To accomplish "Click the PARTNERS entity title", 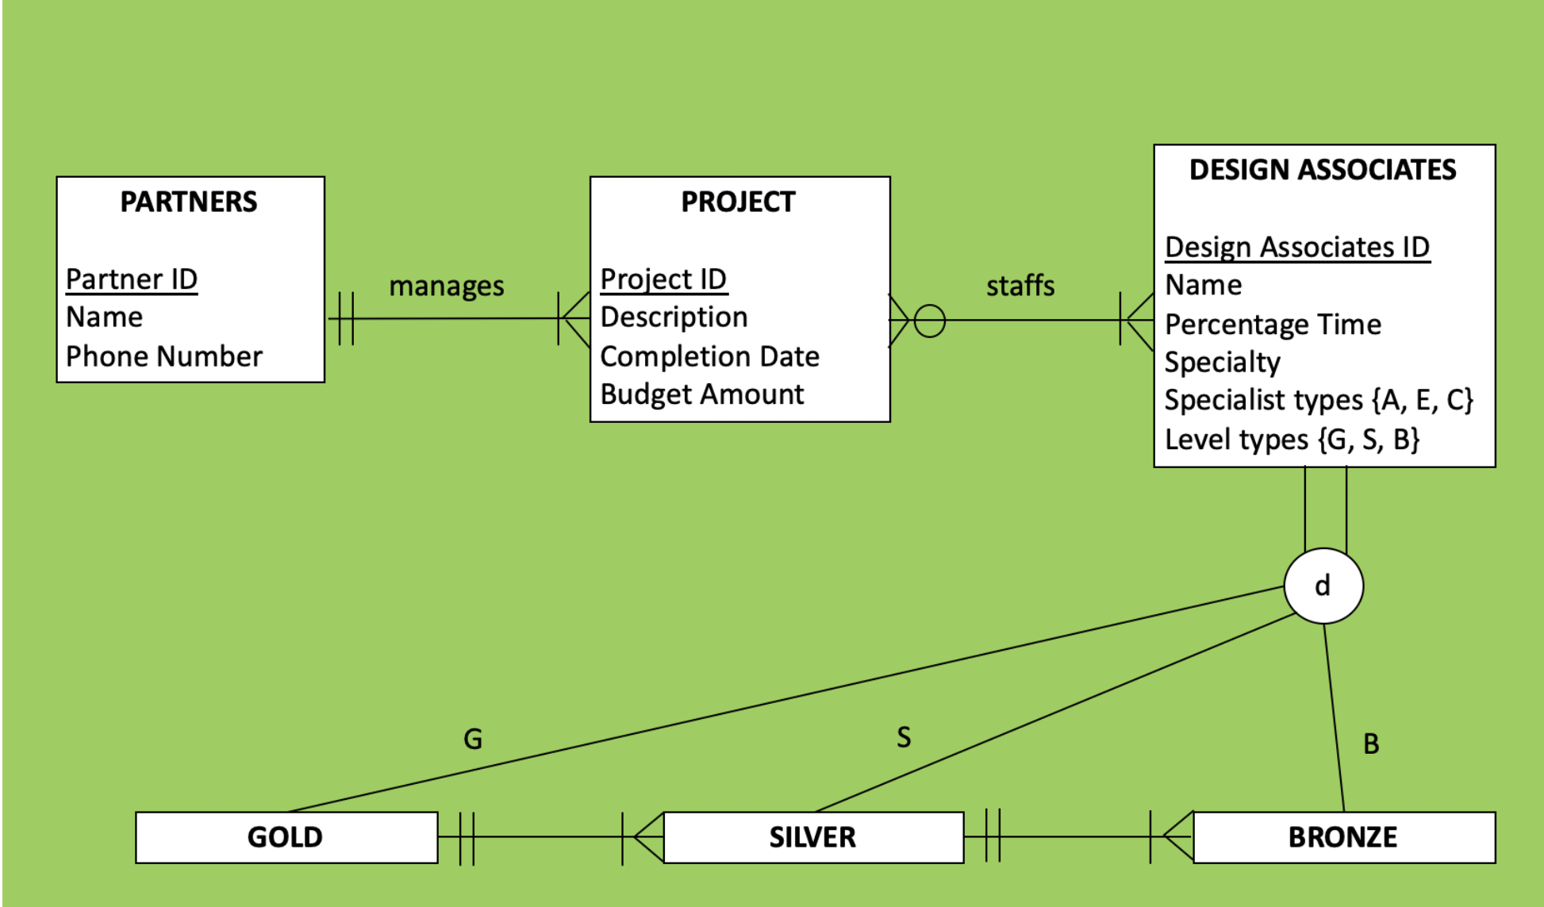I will (189, 202).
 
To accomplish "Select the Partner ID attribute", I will (132, 279).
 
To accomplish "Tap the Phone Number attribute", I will (164, 356).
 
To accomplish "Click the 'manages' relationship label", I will (446, 286).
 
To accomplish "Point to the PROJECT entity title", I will (738, 202).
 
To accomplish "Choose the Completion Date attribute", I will (709, 356).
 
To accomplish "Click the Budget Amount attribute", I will (702, 394).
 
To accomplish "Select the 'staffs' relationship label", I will (1020, 286).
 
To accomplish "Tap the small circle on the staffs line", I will (929, 321).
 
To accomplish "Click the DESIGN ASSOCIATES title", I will (1323, 170).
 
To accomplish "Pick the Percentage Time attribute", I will (1273, 325).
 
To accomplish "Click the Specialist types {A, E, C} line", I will (1319, 400).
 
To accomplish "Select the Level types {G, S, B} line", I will (1292, 439).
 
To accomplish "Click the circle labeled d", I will (1323, 586).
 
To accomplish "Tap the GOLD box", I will (286, 837).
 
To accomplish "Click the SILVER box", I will (812, 837).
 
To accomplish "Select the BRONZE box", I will (1342, 837).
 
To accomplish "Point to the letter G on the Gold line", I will (473, 739).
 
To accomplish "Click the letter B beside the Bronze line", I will (1371, 744).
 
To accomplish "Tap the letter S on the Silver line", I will (904, 737).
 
